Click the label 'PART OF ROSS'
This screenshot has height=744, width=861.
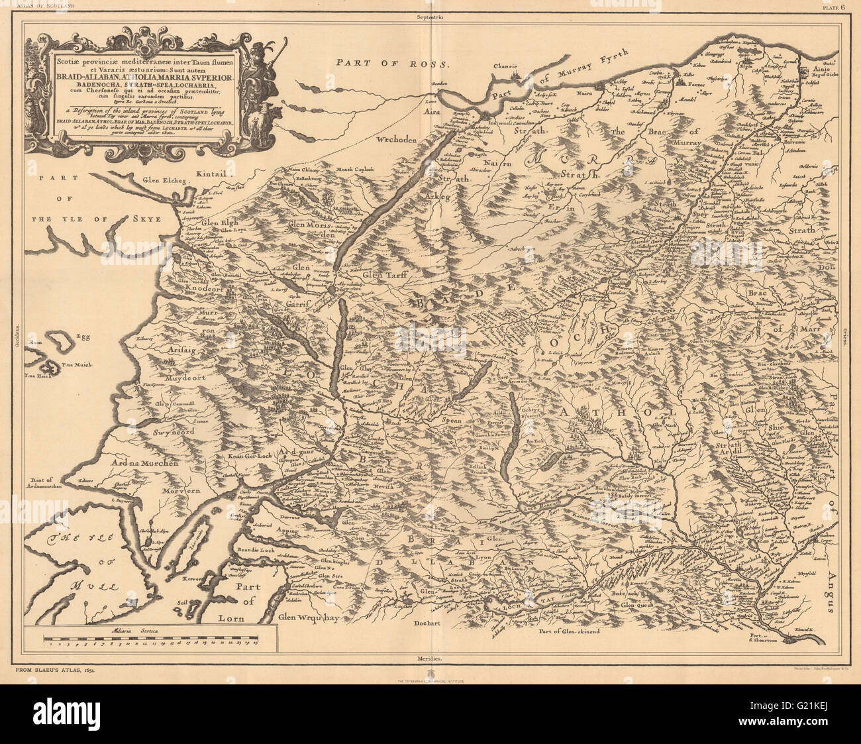[392, 63]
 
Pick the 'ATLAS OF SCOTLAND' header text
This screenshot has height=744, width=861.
[41, 7]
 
